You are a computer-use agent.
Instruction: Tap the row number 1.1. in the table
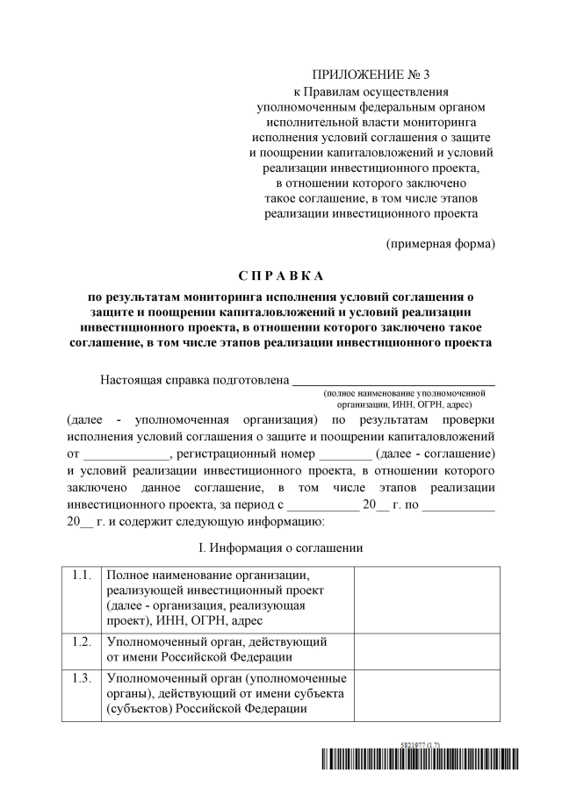(x=82, y=576)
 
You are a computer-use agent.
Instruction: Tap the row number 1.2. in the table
(x=82, y=642)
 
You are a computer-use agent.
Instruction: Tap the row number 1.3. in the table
(x=82, y=678)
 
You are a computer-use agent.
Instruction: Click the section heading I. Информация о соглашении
(x=281, y=548)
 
